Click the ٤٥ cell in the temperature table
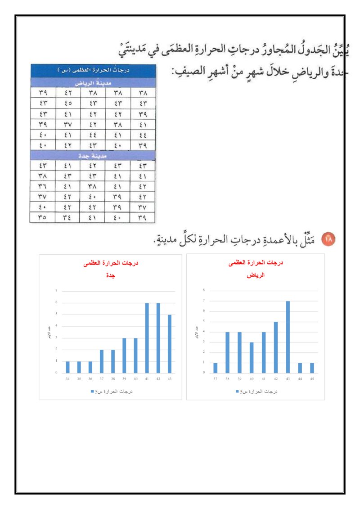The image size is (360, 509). coord(68,103)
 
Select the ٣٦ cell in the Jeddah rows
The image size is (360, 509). coord(43,186)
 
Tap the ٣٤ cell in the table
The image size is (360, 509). coord(68,217)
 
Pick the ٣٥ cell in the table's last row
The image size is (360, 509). coord(43,217)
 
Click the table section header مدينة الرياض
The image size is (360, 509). coord(93,83)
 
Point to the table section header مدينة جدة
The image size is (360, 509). coord(93,155)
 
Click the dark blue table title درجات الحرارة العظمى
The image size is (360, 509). coord(93,71)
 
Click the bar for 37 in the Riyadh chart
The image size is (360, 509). coord(215,368)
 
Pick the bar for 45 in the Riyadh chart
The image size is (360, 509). coord(312,368)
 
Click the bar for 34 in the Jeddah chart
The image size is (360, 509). coord(67,367)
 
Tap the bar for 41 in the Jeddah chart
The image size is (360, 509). coord(147,338)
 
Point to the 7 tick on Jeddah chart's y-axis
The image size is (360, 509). coord(57,291)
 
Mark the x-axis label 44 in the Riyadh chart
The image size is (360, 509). coord(300,379)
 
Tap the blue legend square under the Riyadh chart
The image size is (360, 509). coord(238,392)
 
